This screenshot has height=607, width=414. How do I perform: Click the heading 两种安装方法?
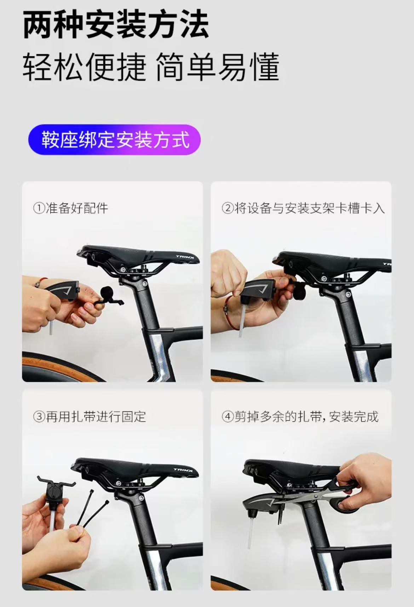115,25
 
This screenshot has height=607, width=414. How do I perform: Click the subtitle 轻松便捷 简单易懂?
151,67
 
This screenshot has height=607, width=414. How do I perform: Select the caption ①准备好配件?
70,208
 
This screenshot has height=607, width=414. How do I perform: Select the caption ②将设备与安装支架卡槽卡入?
303,208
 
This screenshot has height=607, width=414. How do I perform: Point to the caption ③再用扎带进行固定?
90,416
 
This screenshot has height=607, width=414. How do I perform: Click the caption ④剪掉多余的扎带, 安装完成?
300,416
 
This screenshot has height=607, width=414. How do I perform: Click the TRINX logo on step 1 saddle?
185,257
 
